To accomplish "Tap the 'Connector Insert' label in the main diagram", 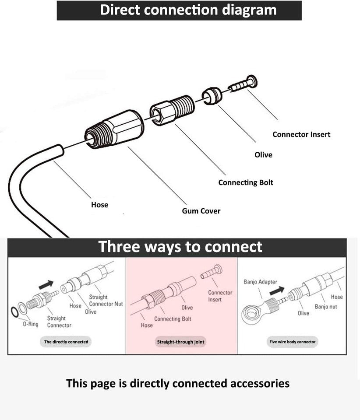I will coord(301,134).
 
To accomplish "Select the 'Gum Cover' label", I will coord(201,211).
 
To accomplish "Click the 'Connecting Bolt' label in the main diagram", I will coord(246,182).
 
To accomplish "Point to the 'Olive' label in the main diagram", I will coord(263,155).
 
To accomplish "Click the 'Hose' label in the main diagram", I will coord(99,204).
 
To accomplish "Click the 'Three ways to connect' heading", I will coord(180,247).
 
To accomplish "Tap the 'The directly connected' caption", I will coord(66,342).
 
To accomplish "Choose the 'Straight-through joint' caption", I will coord(181,342).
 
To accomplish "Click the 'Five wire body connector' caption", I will coord(293,342).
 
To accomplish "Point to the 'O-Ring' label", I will coord(31,324).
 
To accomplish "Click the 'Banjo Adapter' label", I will coord(260,282).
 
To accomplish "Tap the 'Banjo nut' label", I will coord(326,307).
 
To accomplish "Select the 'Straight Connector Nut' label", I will coord(106,301).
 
